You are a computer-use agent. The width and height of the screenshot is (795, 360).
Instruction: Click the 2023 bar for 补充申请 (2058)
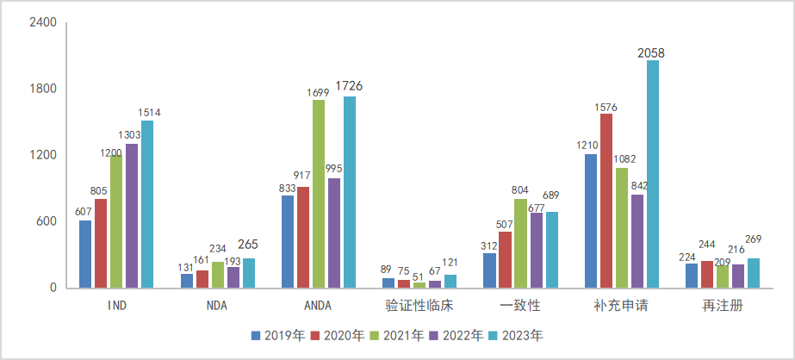click(653, 173)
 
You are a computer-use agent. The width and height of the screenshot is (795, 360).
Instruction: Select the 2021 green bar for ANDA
click(319, 194)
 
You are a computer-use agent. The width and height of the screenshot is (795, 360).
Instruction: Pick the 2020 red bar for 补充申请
click(606, 201)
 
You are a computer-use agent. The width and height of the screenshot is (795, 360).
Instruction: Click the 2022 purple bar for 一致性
click(536, 250)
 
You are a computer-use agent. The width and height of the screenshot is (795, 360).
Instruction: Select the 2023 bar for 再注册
click(754, 273)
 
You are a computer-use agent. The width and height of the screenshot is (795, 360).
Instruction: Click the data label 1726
click(350, 85)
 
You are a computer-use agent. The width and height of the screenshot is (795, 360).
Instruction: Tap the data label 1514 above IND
click(147, 112)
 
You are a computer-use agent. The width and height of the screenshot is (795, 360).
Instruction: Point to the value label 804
click(520, 189)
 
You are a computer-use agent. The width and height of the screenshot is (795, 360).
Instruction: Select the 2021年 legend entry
click(396, 335)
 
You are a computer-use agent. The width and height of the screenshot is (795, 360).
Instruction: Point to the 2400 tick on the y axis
click(43, 23)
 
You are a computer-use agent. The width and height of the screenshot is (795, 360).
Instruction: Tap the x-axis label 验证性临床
click(419, 306)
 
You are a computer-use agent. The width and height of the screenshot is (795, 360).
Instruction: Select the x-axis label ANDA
click(319, 306)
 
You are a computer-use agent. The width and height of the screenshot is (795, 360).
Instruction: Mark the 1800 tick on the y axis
click(43, 90)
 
